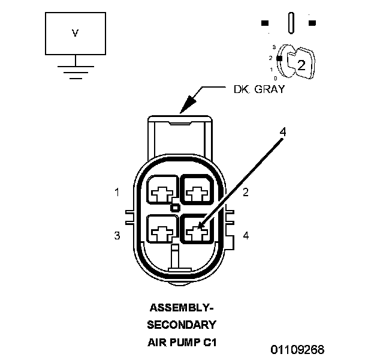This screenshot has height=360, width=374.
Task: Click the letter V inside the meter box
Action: click(x=75, y=34)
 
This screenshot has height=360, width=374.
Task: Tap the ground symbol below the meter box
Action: click(x=75, y=71)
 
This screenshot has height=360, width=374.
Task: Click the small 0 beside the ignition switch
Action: click(x=275, y=78)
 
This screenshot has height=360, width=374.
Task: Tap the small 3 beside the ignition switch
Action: click(x=273, y=46)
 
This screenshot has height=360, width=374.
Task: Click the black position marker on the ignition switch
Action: click(x=279, y=57)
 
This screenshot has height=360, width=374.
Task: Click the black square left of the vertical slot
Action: click(x=266, y=23)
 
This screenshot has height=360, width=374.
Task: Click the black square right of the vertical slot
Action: click(x=312, y=23)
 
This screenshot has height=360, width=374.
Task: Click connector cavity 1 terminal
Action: click(x=161, y=193)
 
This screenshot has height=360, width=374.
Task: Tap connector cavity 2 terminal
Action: click(x=197, y=193)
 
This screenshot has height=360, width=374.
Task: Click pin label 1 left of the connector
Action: click(x=117, y=193)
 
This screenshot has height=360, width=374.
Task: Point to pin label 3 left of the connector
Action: click(x=117, y=236)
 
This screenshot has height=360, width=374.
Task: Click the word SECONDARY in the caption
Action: click(x=182, y=325)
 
